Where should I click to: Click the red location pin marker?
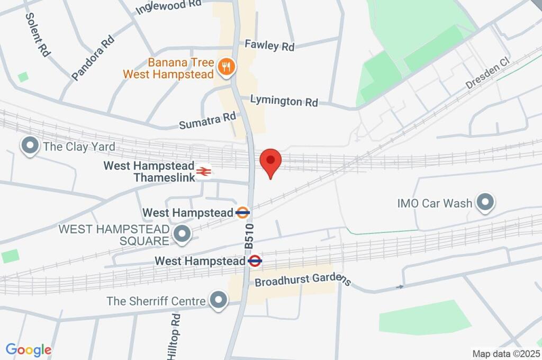(271, 161)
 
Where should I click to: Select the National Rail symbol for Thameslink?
(203, 171)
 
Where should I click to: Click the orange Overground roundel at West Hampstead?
(242, 213)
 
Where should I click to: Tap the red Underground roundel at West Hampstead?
(255, 260)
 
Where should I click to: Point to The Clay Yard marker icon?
(30, 146)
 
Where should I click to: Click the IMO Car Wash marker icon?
(484, 202)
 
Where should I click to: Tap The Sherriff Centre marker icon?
(218, 301)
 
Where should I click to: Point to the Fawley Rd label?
(269, 46)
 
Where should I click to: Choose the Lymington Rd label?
(284, 101)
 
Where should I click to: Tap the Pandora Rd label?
(93, 58)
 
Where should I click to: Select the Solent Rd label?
(37, 34)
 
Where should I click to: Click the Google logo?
(29, 350)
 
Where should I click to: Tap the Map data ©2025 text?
(505, 353)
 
